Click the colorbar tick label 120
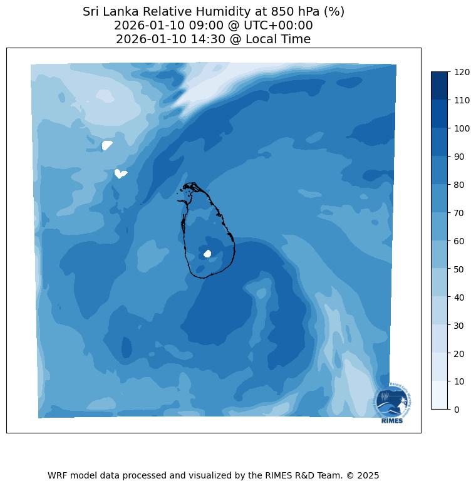(462, 72)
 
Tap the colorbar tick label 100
(462, 128)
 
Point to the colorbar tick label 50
(460, 269)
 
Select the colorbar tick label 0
(457, 410)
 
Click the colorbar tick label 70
(460, 213)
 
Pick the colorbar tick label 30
(460, 325)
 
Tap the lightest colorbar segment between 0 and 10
(440, 395)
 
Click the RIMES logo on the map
(392, 404)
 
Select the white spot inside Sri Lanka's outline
(207, 254)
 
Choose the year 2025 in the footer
(368, 475)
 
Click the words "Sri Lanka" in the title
(108, 12)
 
